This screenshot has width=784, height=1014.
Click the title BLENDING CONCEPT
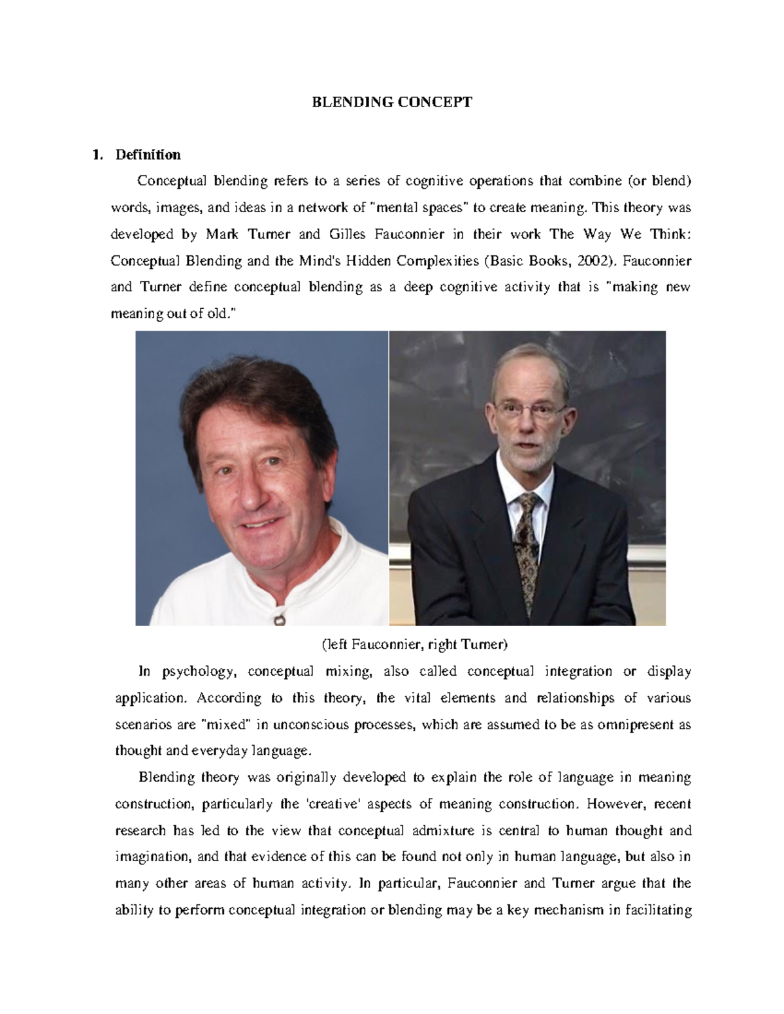(391, 102)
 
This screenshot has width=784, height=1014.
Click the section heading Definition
(148, 155)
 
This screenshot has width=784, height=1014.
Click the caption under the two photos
(414, 645)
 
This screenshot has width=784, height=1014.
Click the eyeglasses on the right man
(530, 411)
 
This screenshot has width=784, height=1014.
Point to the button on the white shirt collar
(280, 617)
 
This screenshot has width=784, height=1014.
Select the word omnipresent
(632, 724)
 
